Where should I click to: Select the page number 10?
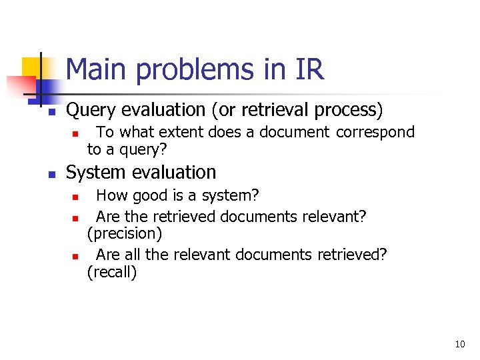click(x=459, y=344)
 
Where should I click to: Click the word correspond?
click(x=375, y=132)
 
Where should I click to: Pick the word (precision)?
click(x=125, y=234)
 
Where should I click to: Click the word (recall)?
click(x=112, y=272)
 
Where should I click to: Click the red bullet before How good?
click(x=76, y=197)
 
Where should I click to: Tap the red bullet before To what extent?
click(x=76, y=133)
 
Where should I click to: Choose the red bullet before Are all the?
click(x=76, y=256)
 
